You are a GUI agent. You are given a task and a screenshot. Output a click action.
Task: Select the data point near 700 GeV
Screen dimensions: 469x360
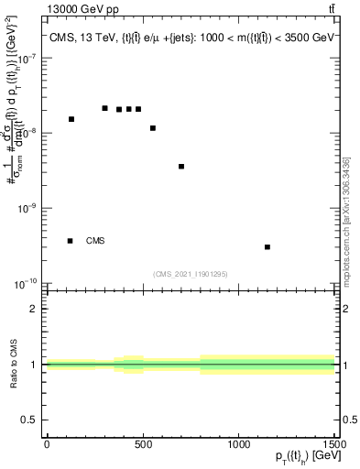tap(181, 167)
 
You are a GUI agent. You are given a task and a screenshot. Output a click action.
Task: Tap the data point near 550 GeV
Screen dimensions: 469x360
tap(153, 128)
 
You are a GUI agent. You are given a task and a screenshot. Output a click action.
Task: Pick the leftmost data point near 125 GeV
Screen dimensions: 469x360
tap(71, 119)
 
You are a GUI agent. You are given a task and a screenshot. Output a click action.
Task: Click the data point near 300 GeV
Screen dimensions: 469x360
tap(105, 108)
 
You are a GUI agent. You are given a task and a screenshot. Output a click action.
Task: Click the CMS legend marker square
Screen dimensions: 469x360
tap(71, 241)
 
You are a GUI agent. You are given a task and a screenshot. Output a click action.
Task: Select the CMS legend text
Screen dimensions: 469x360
tap(95, 241)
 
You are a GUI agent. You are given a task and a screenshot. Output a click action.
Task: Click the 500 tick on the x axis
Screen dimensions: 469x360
tap(143, 444)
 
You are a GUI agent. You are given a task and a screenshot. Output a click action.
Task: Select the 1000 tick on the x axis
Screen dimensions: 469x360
tap(238, 444)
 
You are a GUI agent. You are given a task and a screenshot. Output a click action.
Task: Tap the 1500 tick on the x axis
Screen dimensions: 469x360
tap(334, 444)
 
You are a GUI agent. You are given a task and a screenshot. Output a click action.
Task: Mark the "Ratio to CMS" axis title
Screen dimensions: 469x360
tap(14, 365)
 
